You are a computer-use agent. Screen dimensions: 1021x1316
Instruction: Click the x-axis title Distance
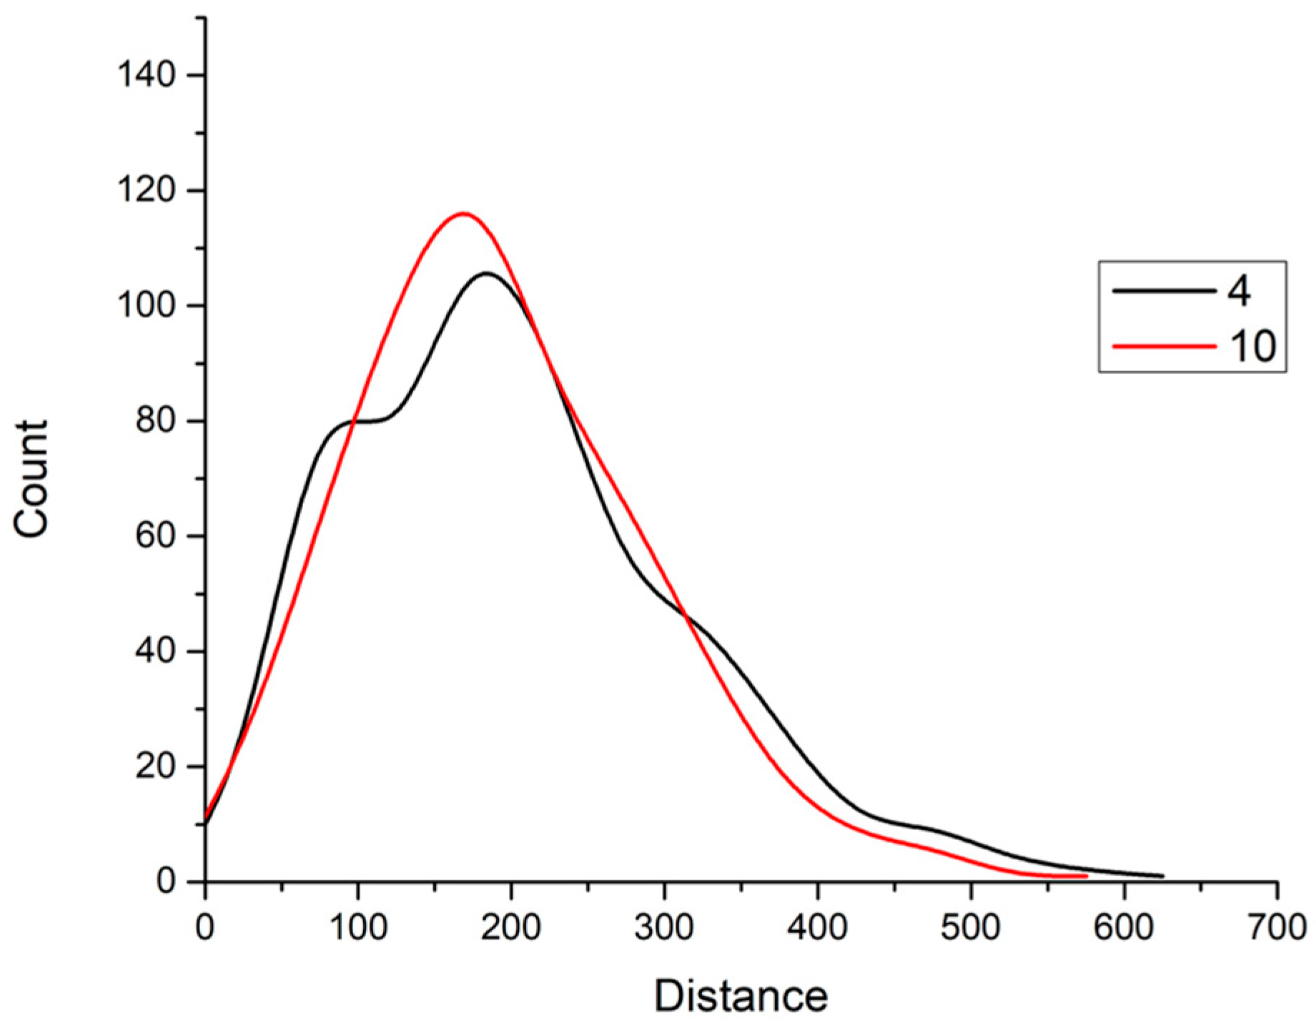pyautogui.click(x=741, y=995)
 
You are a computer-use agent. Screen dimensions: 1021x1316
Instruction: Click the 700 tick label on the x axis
pyautogui.click(x=1277, y=927)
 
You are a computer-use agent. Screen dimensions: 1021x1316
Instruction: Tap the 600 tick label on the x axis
pyautogui.click(x=1124, y=927)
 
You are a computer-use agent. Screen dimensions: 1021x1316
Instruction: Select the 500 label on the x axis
pyautogui.click(x=971, y=927)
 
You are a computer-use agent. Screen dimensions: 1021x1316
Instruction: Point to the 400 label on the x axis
pyautogui.click(x=818, y=927)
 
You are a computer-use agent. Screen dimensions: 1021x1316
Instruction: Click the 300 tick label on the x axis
pyautogui.click(x=665, y=927)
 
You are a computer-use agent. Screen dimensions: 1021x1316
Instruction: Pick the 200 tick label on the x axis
pyautogui.click(x=511, y=927)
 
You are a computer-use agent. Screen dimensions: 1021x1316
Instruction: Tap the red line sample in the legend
pyautogui.click(x=1163, y=346)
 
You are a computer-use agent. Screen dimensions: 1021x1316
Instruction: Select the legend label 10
pyautogui.click(x=1252, y=346)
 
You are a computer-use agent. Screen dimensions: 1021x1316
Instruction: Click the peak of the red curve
pyautogui.click(x=463, y=213)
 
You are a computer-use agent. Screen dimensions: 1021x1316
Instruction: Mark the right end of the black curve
pyautogui.click(x=1163, y=876)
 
